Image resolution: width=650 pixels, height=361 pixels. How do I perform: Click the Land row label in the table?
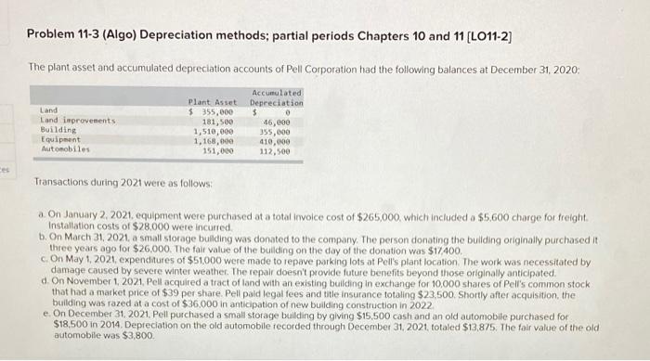pos(48,110)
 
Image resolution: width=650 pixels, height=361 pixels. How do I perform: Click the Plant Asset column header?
pos(212,101)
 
